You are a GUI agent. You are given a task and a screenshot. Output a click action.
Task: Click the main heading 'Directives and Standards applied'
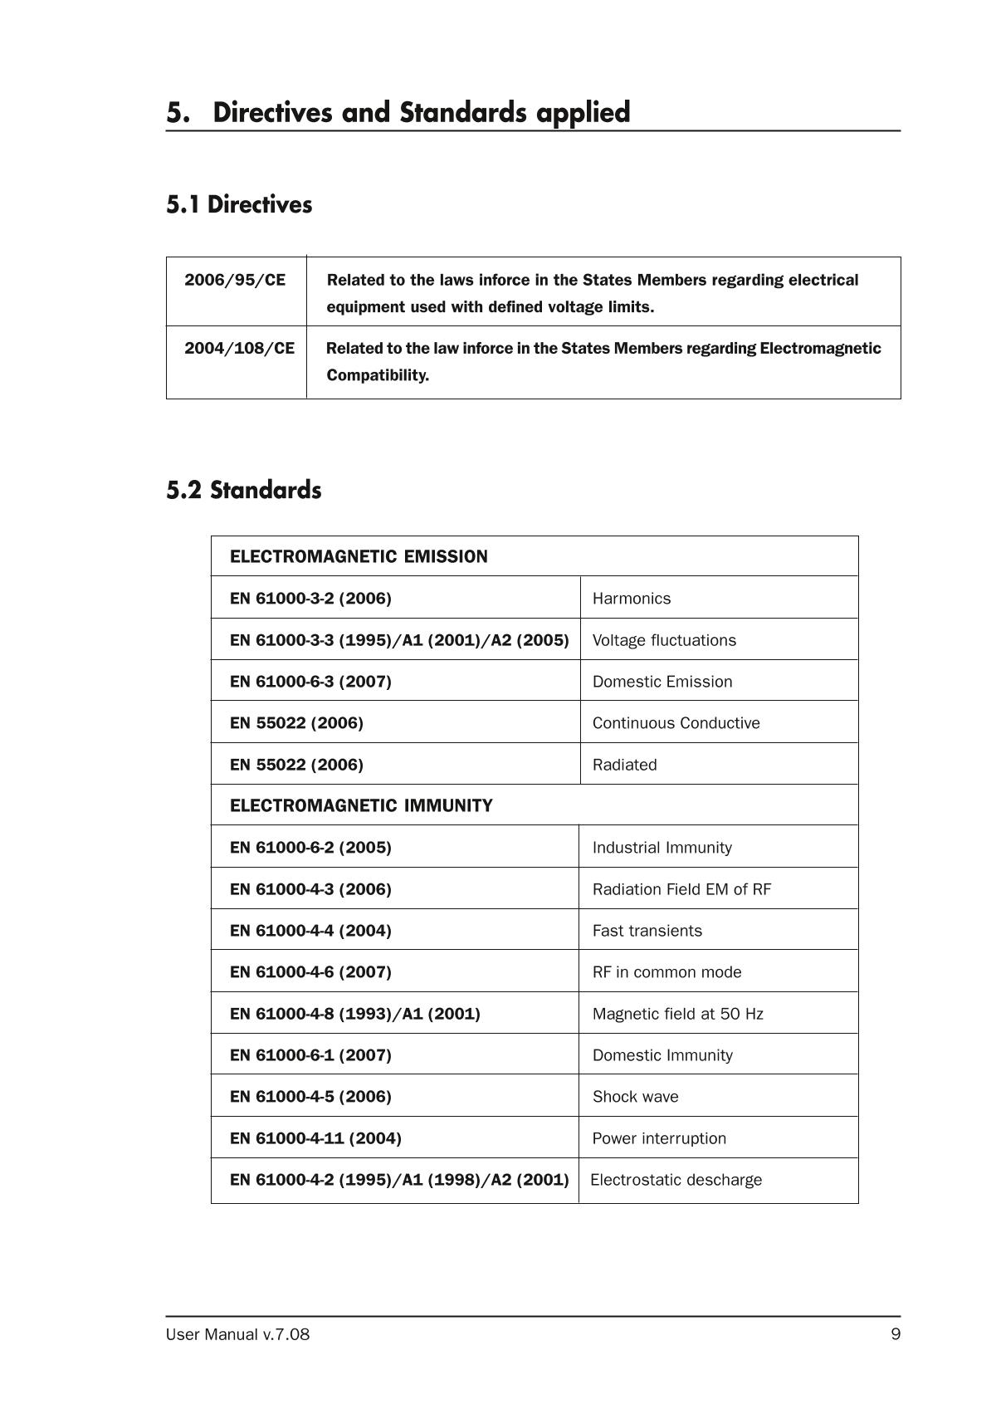coord(421,112)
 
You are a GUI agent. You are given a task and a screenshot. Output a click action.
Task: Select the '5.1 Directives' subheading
coord(239,204)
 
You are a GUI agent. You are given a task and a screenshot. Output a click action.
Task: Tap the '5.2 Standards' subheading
coord(243,490)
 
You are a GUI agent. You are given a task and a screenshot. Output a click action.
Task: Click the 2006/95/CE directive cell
coord(235,280)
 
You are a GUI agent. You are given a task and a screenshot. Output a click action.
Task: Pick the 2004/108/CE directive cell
coord(239,348)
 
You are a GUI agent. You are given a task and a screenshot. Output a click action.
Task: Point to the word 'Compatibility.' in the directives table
coord(378,375)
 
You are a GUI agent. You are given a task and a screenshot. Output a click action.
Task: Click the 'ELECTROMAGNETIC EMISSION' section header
coord(359,556)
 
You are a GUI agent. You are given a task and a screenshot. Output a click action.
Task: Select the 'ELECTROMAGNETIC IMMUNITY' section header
coord(361,805)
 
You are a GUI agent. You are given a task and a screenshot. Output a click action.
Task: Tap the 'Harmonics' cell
coord(632,599)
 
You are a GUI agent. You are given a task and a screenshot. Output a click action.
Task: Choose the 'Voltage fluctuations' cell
coord(664,640)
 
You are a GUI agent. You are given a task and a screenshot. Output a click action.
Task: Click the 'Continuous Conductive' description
coord(676,723)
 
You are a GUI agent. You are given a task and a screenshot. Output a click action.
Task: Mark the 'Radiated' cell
coord(624,765)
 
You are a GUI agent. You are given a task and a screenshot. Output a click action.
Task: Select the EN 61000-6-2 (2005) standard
coord(310,848)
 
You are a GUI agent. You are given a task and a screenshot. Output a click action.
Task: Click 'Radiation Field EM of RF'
coord(681,889)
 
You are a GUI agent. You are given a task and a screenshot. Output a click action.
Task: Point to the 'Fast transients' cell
coord(647,931)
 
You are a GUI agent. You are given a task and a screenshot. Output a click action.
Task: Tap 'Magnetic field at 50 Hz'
coord(677,1014)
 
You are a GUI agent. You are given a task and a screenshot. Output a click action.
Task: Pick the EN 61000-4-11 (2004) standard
coord(315,1138)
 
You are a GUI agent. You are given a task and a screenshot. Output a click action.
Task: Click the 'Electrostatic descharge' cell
coord(676,1180)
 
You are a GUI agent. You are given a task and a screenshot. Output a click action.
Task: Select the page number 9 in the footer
coord(895,1334)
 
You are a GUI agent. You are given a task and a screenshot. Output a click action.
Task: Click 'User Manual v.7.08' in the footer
coord(237,1334)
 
